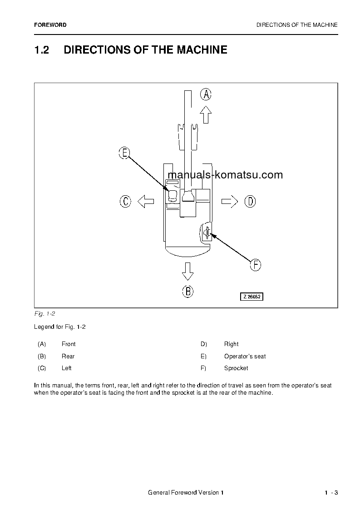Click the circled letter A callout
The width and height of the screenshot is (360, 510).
(206, 94)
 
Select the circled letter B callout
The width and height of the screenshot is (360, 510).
(187, 291)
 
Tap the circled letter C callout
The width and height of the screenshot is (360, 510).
(125, 201)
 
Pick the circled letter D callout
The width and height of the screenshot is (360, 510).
(250, 201)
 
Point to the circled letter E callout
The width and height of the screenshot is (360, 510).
(124, 153)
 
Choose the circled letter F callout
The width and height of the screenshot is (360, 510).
(256, 265)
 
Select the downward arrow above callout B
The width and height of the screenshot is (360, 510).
(187, 271)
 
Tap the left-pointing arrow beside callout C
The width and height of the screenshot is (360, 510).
(145, 201)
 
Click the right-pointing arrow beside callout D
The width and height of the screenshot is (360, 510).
(230, 201)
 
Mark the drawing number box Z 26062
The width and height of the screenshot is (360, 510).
(252, 297)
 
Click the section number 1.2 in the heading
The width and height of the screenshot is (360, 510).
(41, 50)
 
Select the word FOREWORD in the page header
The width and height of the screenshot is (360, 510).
(50, 25)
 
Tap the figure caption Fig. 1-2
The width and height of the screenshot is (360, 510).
(44, 314)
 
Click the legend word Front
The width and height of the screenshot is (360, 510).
(69, 344)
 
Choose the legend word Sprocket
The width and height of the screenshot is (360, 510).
(236, 368)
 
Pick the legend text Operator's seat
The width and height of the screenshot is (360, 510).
(245, 357)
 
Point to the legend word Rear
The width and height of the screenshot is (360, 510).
(68, 357)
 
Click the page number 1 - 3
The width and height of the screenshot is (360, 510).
(331, 493)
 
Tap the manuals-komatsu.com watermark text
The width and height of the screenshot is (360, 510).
(225, 175)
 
